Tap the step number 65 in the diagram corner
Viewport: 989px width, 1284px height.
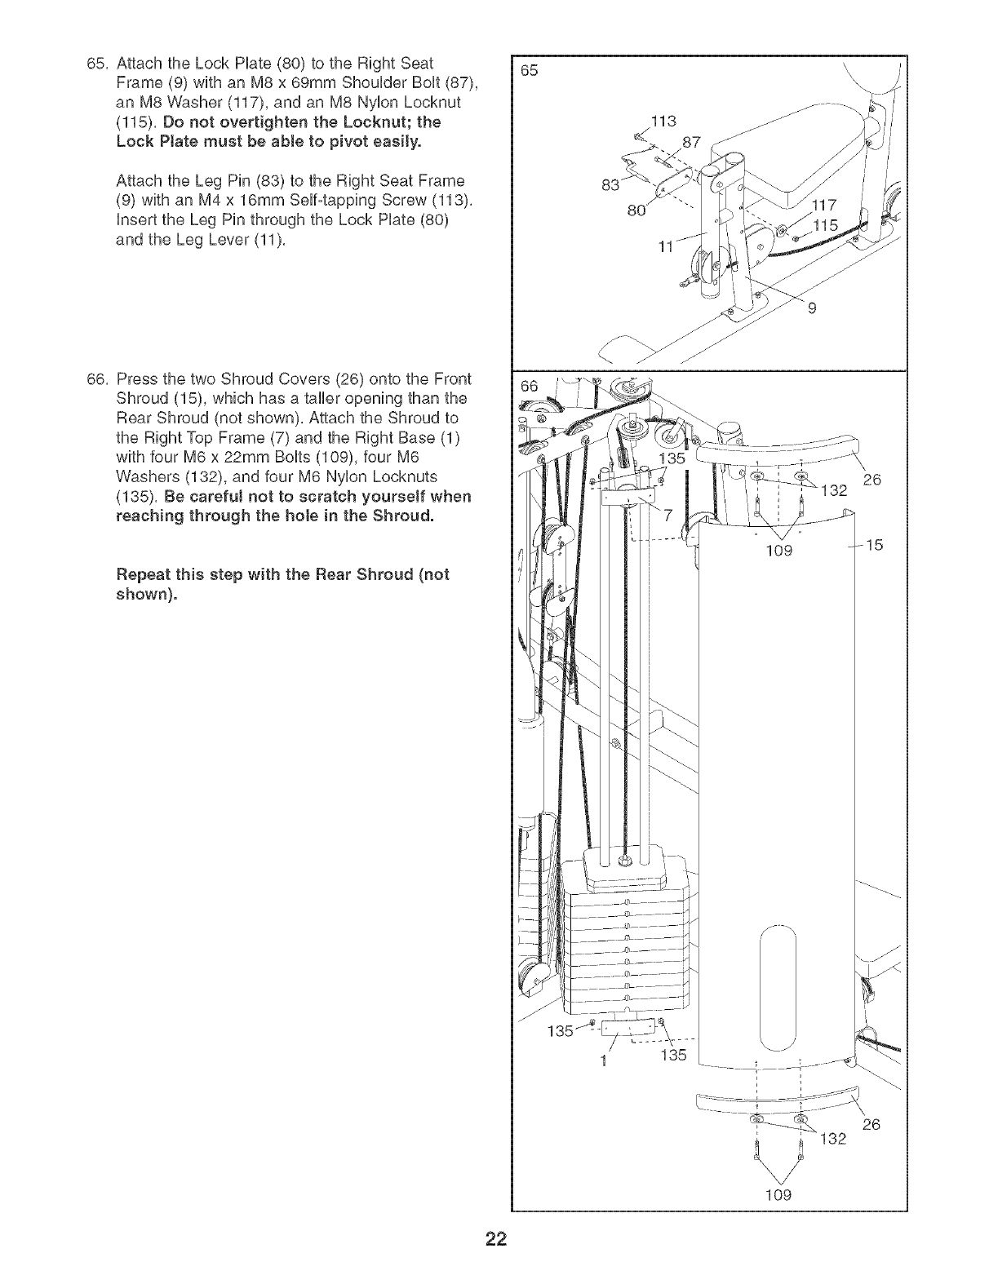pyautogui.click(x=530, y=71)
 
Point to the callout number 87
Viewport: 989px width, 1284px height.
pyautogui.click(x=691, y=142)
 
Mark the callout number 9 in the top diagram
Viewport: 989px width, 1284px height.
pyautogui.click(x=813, y=308)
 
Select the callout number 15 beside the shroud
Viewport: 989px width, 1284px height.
pyautogui.click(x=875, y=544)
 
